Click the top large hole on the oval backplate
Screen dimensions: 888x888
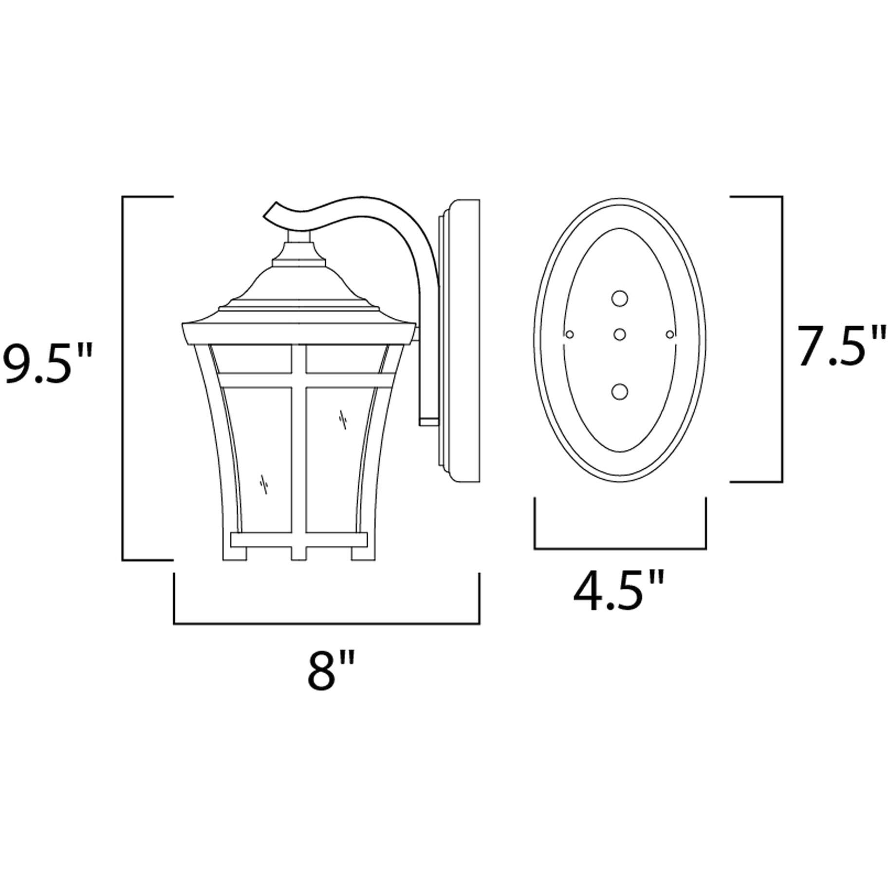(620, 298)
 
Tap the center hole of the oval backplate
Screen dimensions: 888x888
(620, 334)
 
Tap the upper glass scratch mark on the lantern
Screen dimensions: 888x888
(343, 418)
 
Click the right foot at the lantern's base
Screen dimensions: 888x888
(360, 553)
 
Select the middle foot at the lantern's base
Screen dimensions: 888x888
(299, 553)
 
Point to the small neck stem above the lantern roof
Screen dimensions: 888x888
(298, 238)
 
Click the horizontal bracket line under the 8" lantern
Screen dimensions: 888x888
(326, 623)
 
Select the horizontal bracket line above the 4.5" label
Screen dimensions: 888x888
(620, 549)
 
